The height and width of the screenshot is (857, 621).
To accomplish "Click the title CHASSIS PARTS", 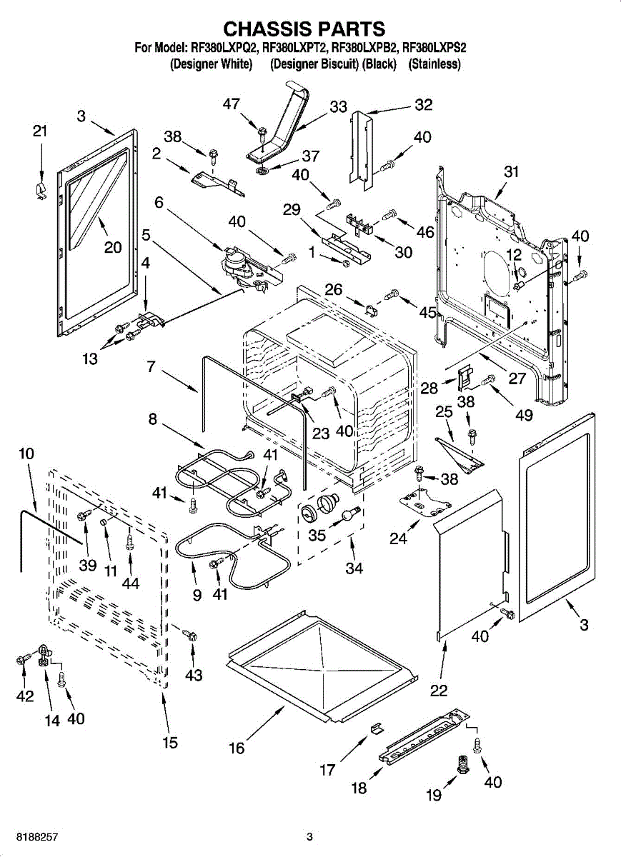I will click(x=305, y=29).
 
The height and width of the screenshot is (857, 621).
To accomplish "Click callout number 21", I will click(x=40, y=131).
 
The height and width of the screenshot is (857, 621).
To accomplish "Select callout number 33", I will click(x=338, y=107).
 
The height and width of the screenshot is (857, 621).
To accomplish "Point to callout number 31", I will click(x=510, y=171).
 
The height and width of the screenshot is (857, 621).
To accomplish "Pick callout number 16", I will click(x=237, y=748).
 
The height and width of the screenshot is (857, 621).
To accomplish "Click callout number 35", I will click(x=316, y=534).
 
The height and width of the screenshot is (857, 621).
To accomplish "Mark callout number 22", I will click(x=439, y=690).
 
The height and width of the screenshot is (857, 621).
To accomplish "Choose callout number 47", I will click(x=231, y=104).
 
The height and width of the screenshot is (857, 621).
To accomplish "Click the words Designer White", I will click(x=211, y=64).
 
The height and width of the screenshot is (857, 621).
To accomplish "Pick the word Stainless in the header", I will click(x=434, y=64).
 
